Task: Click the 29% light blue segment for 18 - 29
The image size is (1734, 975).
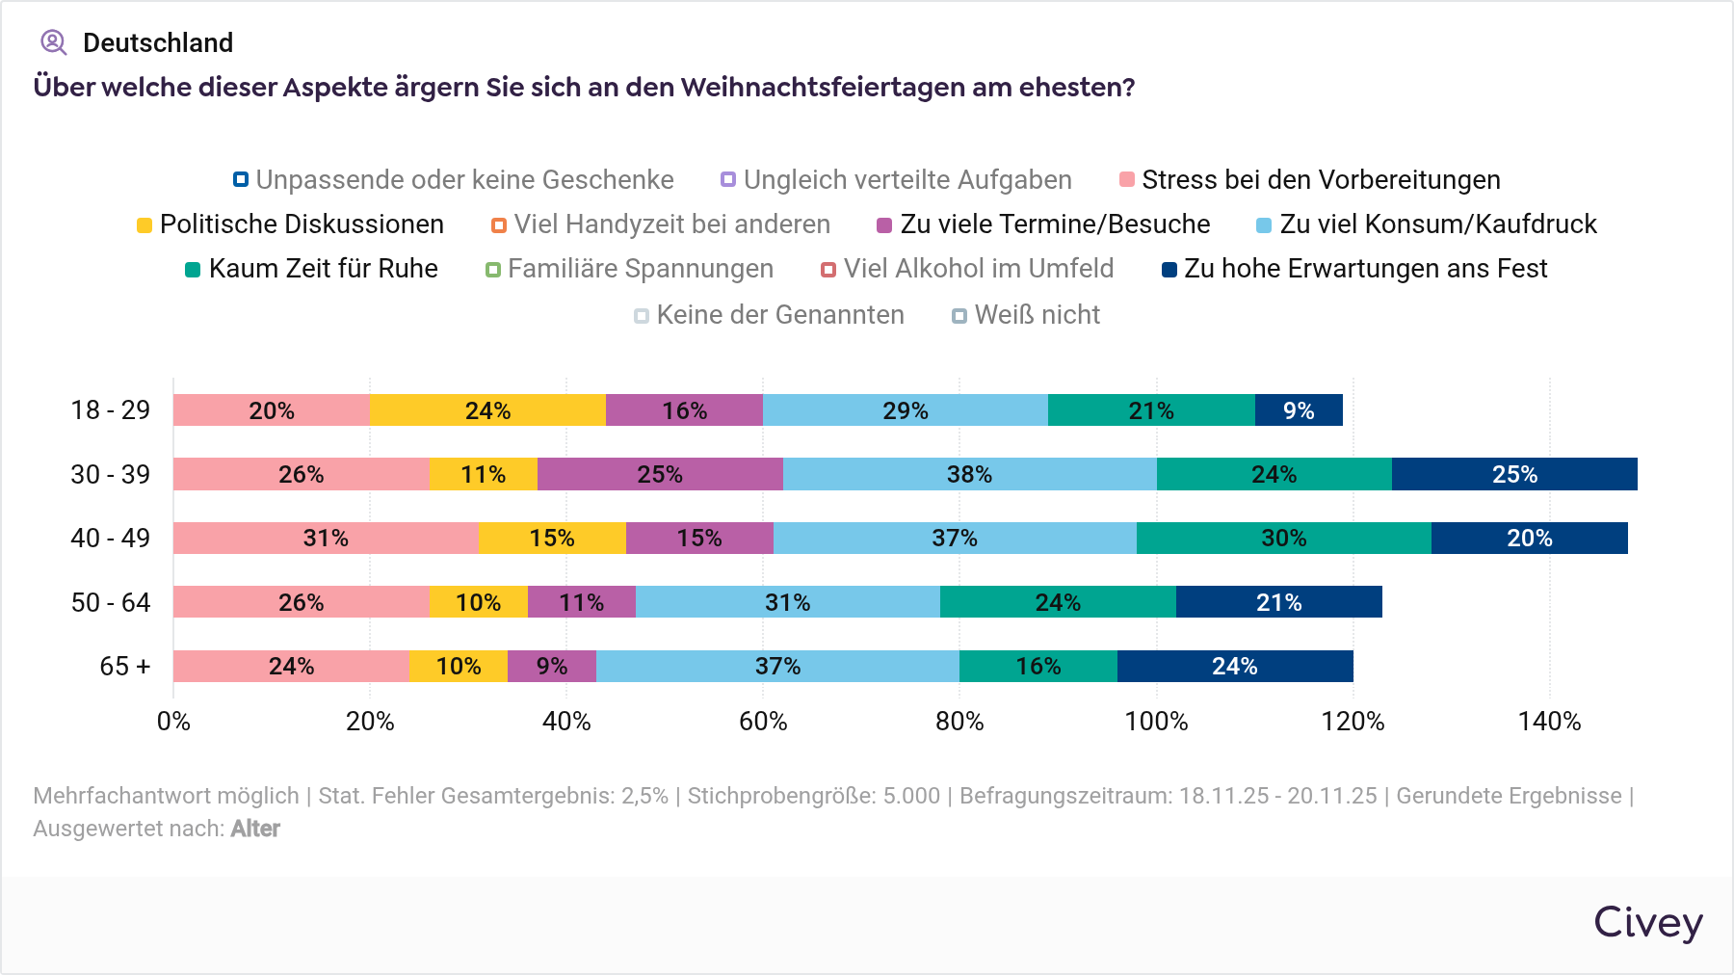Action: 906,410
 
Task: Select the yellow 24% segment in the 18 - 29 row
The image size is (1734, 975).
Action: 487,410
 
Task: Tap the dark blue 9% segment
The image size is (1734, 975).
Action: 1299,410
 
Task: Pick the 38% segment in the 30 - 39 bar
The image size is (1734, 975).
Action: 969,474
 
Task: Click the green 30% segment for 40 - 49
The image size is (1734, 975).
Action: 1283,538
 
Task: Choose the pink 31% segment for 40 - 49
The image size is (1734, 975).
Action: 326,538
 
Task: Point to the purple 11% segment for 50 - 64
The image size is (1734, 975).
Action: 582,602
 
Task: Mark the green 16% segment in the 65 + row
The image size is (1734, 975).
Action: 1038,666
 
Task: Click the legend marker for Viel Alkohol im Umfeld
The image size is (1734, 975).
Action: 828,270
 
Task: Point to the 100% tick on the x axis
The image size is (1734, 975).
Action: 1156,721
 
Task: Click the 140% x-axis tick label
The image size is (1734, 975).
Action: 1549,721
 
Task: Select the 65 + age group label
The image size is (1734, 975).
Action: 125,666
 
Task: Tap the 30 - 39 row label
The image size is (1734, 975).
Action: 111,474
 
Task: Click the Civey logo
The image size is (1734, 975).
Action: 1647,923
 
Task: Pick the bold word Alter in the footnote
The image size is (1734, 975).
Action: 255,829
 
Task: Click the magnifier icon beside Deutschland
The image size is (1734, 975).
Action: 53,42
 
